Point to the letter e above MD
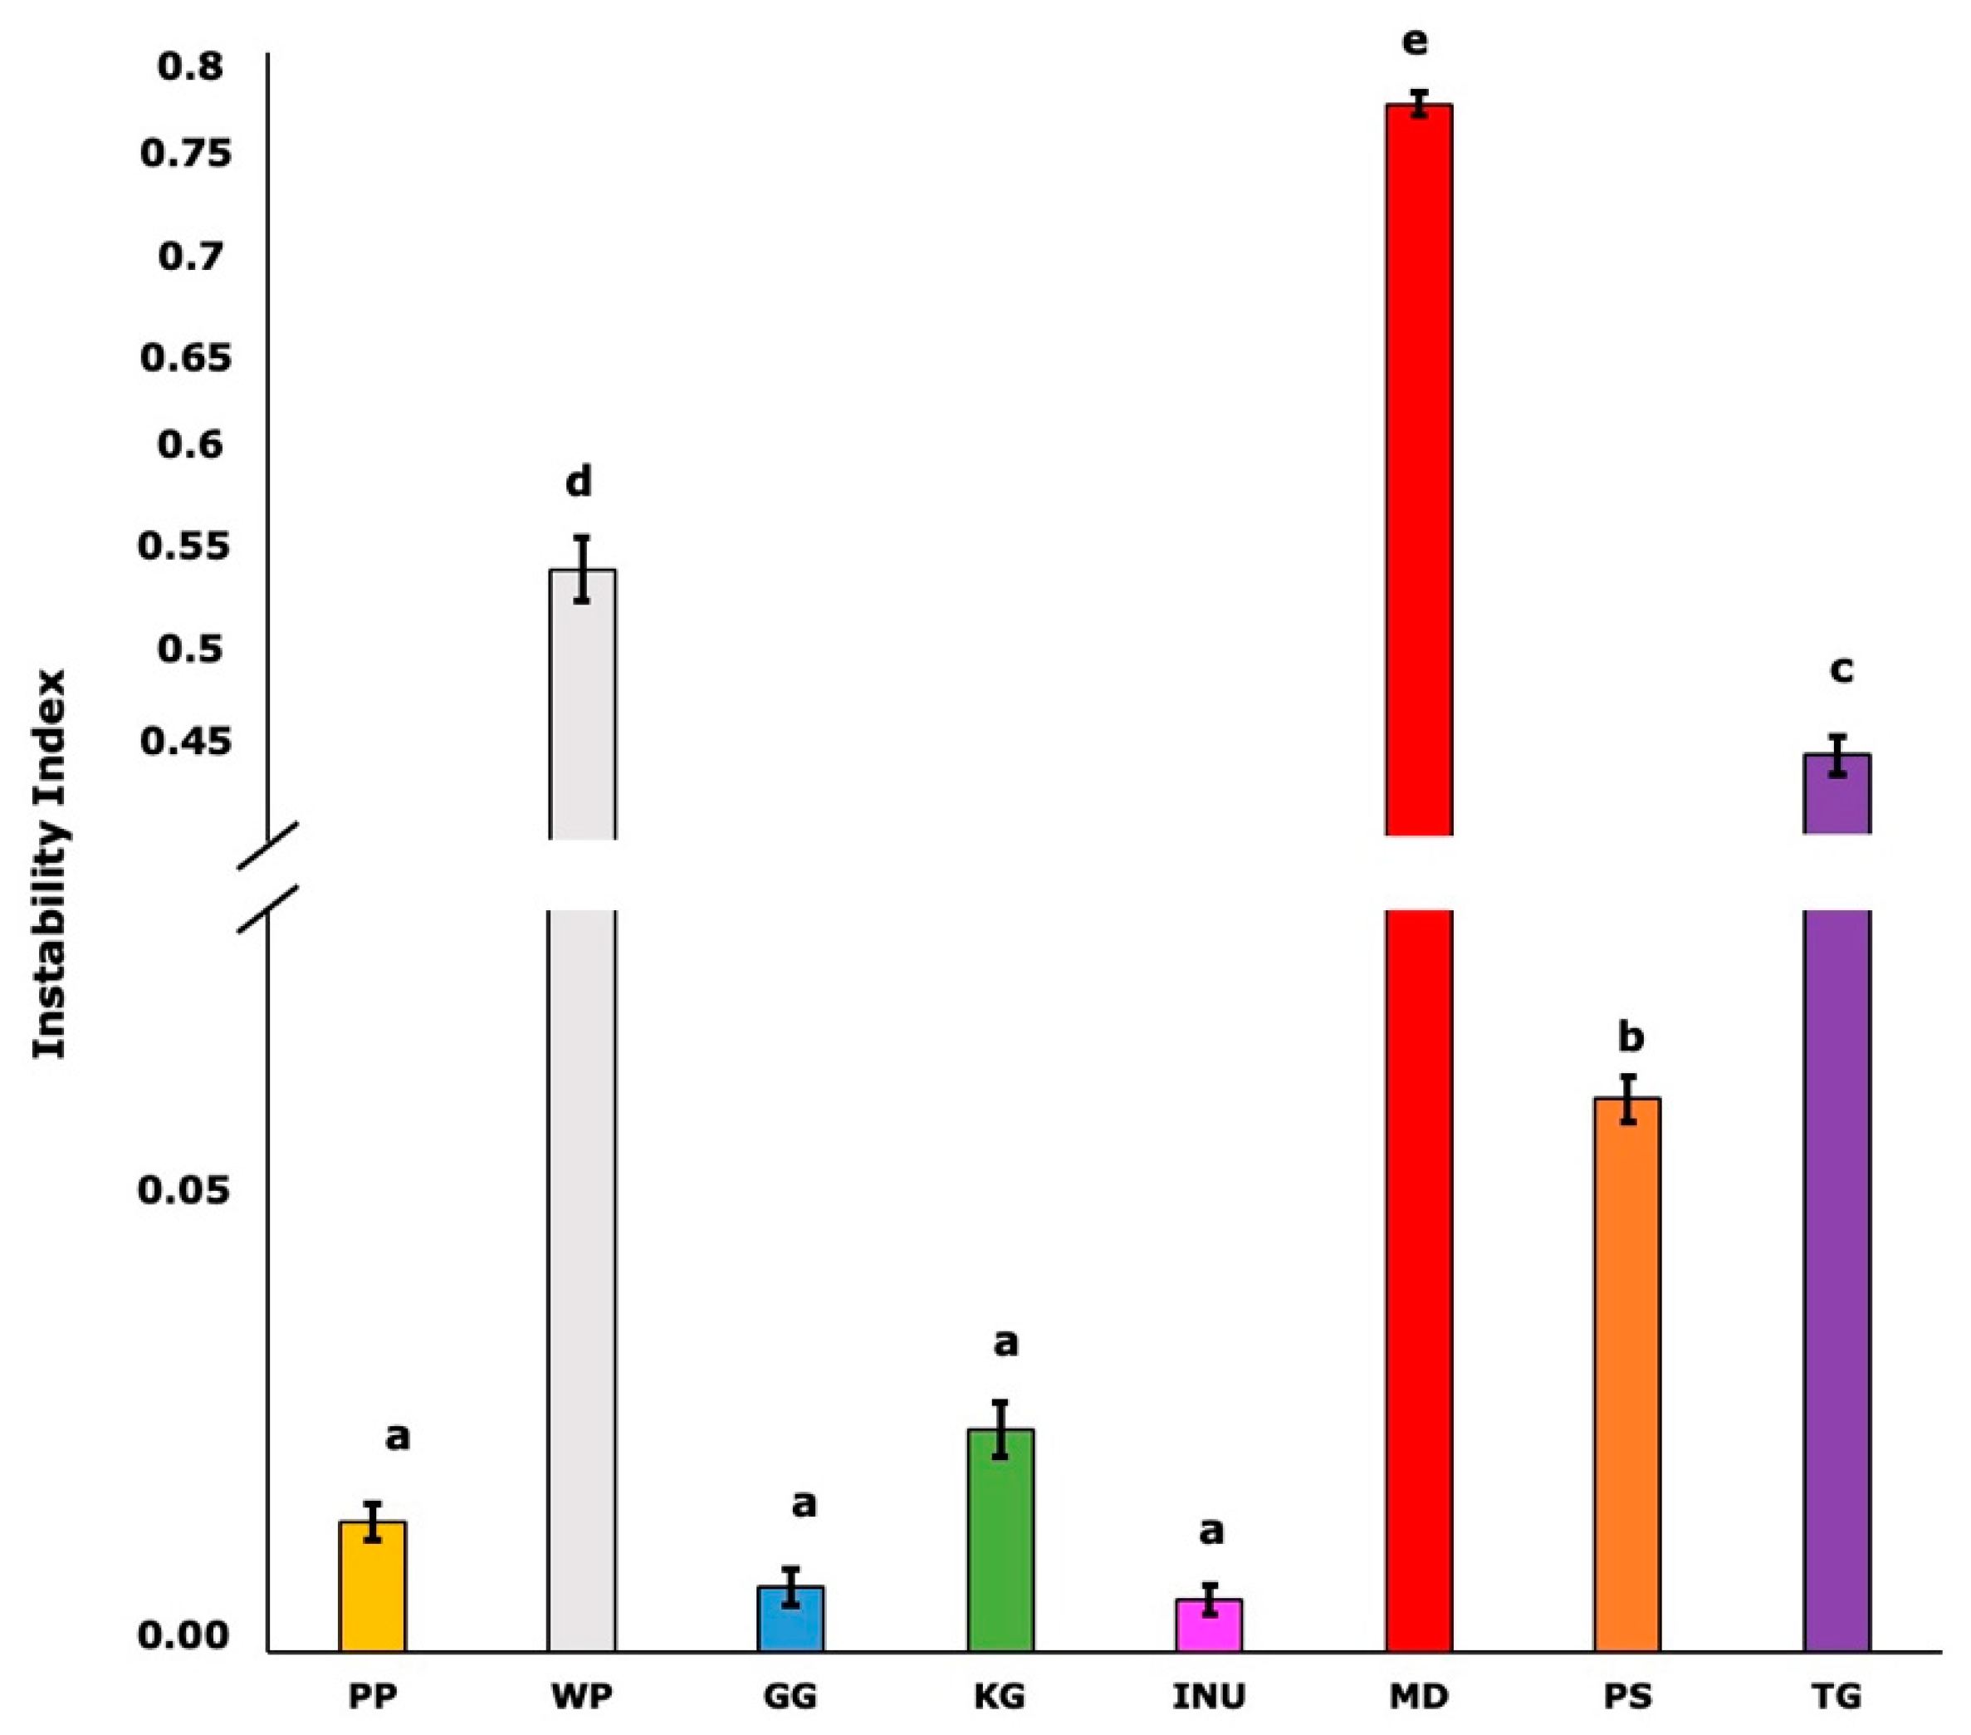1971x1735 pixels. point(1415,42)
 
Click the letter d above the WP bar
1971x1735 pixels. point(578,480)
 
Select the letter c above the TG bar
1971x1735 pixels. point(1841,669)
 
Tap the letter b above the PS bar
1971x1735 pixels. point(1630,1037)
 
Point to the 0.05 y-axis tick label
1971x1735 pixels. point(171,1189)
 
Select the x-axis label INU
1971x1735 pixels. point(1209,1695)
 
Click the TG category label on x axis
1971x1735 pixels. point(1837,1695)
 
